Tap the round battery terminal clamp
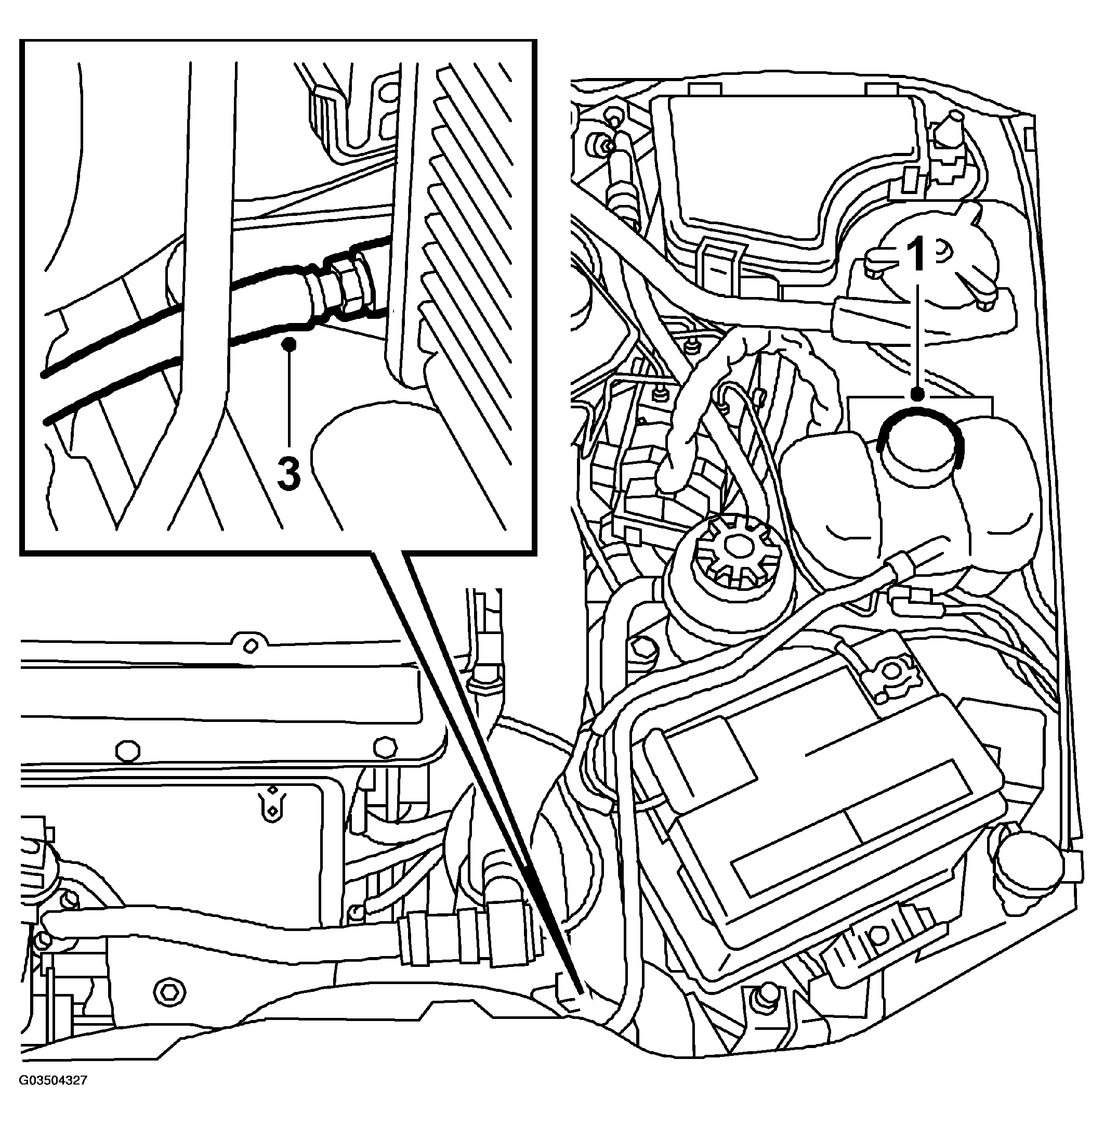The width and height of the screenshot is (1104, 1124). [x=888, y=672]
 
